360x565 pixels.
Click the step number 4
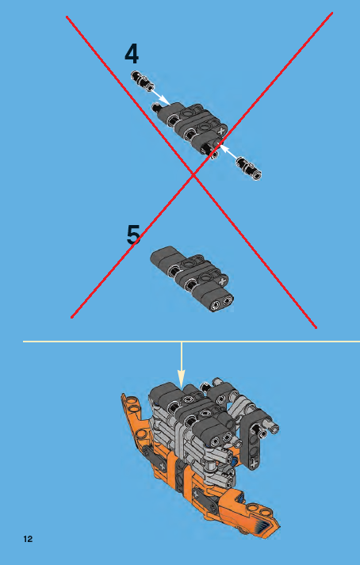[x=132, y=53]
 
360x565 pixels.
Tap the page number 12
[x=28, y=540]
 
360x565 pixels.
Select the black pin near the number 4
[x=144, y=80]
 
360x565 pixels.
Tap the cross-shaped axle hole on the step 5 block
[x=222, y=280]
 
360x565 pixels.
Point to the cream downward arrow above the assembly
[x=182, y=365]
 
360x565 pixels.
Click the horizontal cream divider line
[x=95, y=342]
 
